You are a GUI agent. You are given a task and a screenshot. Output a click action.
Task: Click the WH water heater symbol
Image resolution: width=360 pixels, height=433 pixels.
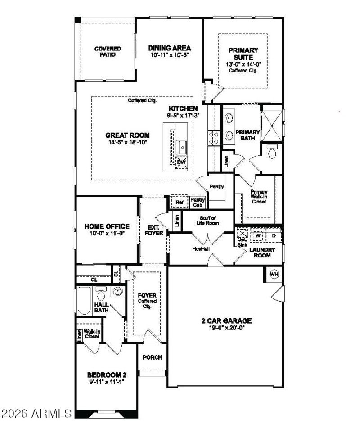pyautogui.click(x=274, y=274)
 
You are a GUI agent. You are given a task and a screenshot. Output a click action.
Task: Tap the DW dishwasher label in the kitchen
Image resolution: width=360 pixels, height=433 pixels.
pyautogui.click(x=181, y=162)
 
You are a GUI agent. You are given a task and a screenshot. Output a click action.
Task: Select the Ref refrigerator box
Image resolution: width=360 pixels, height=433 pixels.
pyautogui.click(x=180, y=203)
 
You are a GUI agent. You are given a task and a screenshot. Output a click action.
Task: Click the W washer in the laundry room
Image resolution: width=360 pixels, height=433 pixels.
pyautogui.click(x=258, y=235)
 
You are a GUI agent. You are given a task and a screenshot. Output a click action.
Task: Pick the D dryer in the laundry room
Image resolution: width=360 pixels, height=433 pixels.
pyautogui.click(x=273, y=235)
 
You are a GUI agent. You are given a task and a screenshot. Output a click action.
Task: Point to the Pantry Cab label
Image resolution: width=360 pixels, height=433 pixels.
pyautogui.click(x=198, y=203)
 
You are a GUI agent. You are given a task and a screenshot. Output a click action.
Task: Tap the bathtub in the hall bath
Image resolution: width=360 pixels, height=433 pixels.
pyautogui.click(x=84, y=301)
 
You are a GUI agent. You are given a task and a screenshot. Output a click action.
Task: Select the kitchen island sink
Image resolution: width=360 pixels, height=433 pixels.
pyautogui.click(x=182, y=146)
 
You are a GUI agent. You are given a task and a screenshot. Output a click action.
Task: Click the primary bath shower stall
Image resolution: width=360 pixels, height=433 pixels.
pyautogui.click(x=273, y=122)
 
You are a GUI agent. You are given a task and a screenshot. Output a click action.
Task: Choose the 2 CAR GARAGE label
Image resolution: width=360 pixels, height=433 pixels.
pyautogui.click(x=226, y=325)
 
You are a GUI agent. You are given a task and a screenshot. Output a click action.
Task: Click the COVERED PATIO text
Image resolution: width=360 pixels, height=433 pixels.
pyautogui.click(x=105, y=51)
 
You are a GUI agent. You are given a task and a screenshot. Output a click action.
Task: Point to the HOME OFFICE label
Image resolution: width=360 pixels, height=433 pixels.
pyautogui.click(x=107, y=230)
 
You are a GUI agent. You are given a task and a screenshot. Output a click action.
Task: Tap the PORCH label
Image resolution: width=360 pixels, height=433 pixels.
pyautogui.click(x=152, y=357)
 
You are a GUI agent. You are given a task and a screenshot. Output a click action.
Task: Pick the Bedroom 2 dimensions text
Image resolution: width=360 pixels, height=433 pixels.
pyautogui.click(x=106, y=381)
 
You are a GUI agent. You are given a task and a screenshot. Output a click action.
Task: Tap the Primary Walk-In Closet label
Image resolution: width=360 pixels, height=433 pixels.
pyautogui.click(x=259, y=197)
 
